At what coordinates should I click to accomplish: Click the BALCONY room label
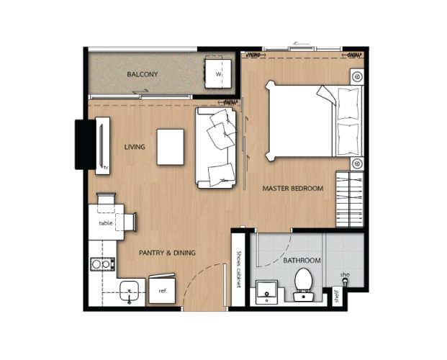[143, 74]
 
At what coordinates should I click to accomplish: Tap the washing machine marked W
[218, 73]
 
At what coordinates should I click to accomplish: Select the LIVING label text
[135, 147]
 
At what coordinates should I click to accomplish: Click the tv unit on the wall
[102, 145]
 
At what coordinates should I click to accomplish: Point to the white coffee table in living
[170, 147]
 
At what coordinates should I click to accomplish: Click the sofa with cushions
[216, 148]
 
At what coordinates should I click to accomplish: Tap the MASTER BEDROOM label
[293, 188]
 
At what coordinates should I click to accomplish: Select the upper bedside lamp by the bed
[357, 77]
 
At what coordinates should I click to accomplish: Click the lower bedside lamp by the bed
[357, 163]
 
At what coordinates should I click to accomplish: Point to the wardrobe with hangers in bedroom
[350, 199]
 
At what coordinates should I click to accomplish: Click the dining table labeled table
[106, 222]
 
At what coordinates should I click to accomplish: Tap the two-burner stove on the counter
[103, 264]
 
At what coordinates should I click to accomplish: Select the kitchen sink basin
[129, 291]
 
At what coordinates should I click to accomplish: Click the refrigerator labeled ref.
[162, 290]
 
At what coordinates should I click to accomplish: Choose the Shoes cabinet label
[239, 269]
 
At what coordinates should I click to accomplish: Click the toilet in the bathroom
[303, 284]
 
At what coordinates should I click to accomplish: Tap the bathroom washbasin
[266, 292]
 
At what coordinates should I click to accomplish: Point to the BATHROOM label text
[302, 261]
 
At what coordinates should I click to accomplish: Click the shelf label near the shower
[337, 297]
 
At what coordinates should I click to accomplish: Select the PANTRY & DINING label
[167, 253]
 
